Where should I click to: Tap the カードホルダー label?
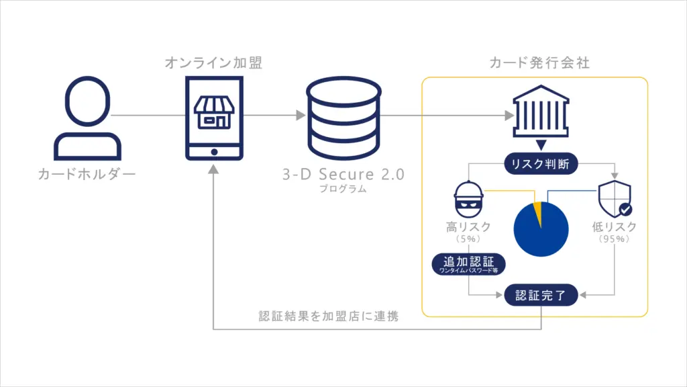pyautogui.click(x=87, y=175)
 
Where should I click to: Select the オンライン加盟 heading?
pyautogui.click(x=213, y=63)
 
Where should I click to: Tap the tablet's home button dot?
pyautogui.click(x=213, y=151)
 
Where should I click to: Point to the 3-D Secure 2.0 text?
pyautogui.click(x=343, y=175)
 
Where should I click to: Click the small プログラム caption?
pyautogui.click(x=343, y=189)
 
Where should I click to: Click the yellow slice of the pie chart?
pyautogui.click(x=537, y=214)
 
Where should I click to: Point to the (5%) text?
pyautogui.click(x=468, y=239)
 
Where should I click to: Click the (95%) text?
pyautogui.click(x=614, y=239)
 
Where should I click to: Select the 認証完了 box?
pyautogui.click(x=541, y=295)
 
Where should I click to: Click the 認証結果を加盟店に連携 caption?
pyautogui.click(x=329, y=316)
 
